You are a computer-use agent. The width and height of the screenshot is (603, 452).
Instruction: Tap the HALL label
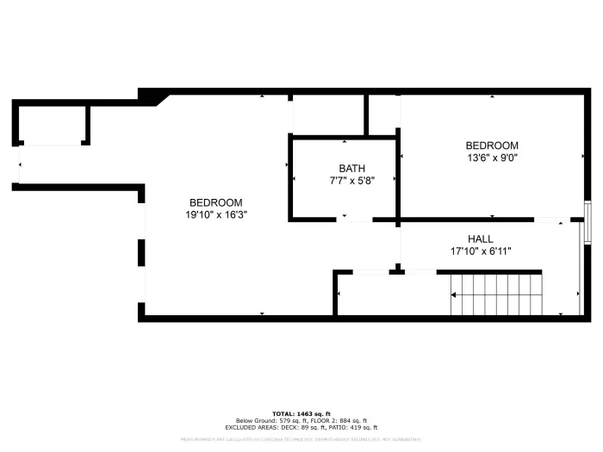click(481, 238)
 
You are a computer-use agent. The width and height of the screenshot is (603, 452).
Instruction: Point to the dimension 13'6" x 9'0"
click(492, 158)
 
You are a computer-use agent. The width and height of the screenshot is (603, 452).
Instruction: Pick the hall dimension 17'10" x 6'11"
click(481, 251)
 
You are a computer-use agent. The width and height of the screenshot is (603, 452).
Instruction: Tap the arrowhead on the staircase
click(454, 294)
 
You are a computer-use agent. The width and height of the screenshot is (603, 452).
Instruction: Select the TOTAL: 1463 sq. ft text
click(301, 413)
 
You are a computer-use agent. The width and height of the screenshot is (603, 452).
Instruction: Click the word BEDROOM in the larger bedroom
click(216, 201)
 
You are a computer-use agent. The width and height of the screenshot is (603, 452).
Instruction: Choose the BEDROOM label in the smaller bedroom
click(492, 146)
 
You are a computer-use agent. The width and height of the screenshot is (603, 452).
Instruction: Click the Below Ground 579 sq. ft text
click(267, 420)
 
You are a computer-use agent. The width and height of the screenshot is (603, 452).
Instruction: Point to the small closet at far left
click(51, 124)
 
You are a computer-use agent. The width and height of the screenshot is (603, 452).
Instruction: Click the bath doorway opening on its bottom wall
click(353, 220)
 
